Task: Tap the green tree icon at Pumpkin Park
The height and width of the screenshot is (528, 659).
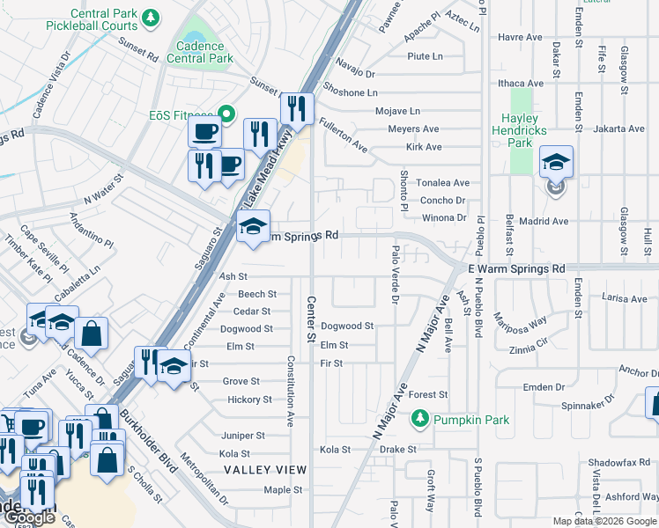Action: (421, 420)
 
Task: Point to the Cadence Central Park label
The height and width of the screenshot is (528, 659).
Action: (204, 52)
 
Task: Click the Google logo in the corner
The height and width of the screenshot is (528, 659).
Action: (28, 518)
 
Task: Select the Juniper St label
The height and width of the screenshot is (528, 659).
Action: (242, 436)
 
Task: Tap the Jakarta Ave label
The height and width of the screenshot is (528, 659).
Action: (618, 128)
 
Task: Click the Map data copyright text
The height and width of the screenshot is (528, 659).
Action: (604, 521)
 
